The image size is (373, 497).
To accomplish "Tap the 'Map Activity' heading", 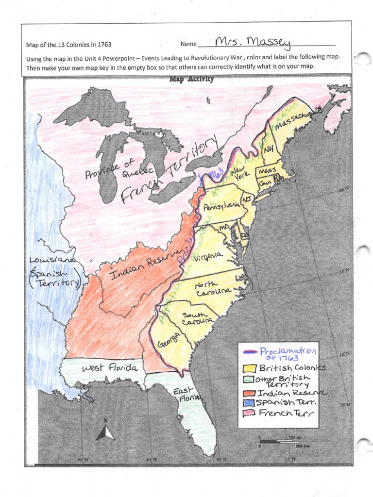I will [x=191, y=80].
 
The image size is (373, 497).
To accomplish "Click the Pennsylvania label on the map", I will [x=221, y=207].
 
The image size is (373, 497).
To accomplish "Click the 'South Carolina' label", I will [x=197, y=318].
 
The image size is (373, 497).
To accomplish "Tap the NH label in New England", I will [x=269, y=150].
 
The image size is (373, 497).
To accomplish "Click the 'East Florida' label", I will [x=184, y=394].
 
